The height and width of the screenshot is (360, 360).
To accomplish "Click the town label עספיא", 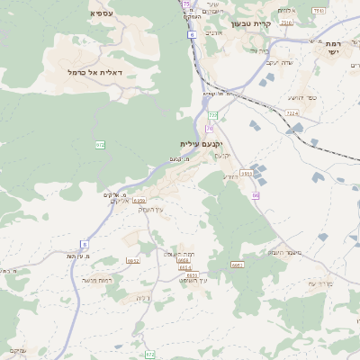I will click(x=101, y=13).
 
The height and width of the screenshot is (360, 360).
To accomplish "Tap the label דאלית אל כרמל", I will click(x=94, y=71).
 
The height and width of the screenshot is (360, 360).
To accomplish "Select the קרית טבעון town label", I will click(x=263, y=23).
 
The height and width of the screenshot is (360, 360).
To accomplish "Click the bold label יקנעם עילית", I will click(x=200, y=143).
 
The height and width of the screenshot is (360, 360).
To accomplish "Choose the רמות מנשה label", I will click(x=96, y=280).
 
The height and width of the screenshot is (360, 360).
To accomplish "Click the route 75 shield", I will click(x=185, y=4).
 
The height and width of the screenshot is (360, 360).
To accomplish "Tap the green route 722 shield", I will click(x=213, y=115).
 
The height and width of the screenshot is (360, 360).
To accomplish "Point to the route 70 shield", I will click(x=210, y=129).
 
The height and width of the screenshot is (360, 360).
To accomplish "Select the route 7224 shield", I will click(x=292, y=113).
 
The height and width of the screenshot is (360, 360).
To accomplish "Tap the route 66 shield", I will click(x=256, y=194).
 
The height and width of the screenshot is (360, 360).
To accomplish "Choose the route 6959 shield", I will click(x=139, y=201).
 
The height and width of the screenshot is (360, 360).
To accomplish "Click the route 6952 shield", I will click(x=133, y=260).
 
